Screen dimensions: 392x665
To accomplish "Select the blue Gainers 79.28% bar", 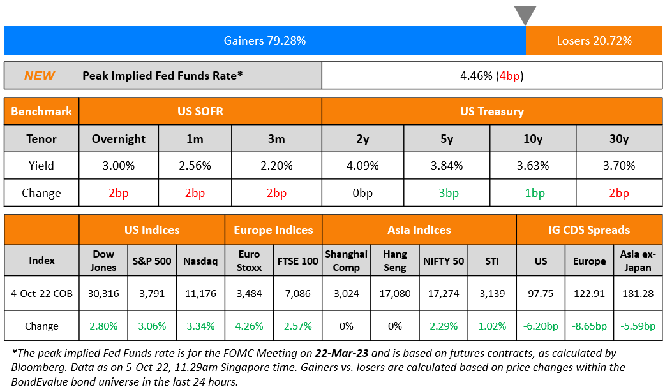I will point(264,41).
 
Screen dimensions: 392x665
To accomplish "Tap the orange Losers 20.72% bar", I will point(594,41).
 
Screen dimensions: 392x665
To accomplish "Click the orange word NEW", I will point(40,76).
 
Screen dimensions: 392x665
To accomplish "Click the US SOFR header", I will point(200,111).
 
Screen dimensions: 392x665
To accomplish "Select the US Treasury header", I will point(491,111).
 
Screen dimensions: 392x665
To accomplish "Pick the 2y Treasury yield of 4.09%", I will point(363,166).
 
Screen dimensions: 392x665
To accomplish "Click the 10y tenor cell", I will point(533,138).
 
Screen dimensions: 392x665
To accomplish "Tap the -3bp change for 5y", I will point(447,193).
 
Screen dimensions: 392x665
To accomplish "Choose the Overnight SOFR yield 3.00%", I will point(119,166).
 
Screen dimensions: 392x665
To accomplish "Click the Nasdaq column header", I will point(200,261).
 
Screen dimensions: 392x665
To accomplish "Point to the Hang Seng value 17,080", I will point(395,294).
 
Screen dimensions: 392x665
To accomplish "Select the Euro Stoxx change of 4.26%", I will point(250,326).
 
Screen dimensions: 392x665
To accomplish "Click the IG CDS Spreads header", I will point(589,230).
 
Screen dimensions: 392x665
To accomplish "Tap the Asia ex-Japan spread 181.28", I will point(638,294).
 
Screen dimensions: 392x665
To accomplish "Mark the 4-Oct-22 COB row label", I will point(41,294).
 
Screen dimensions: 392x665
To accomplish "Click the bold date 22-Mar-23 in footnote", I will point(341,353).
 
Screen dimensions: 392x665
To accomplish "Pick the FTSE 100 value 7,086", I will point(298,294).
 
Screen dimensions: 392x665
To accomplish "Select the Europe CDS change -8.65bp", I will point(589,326).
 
